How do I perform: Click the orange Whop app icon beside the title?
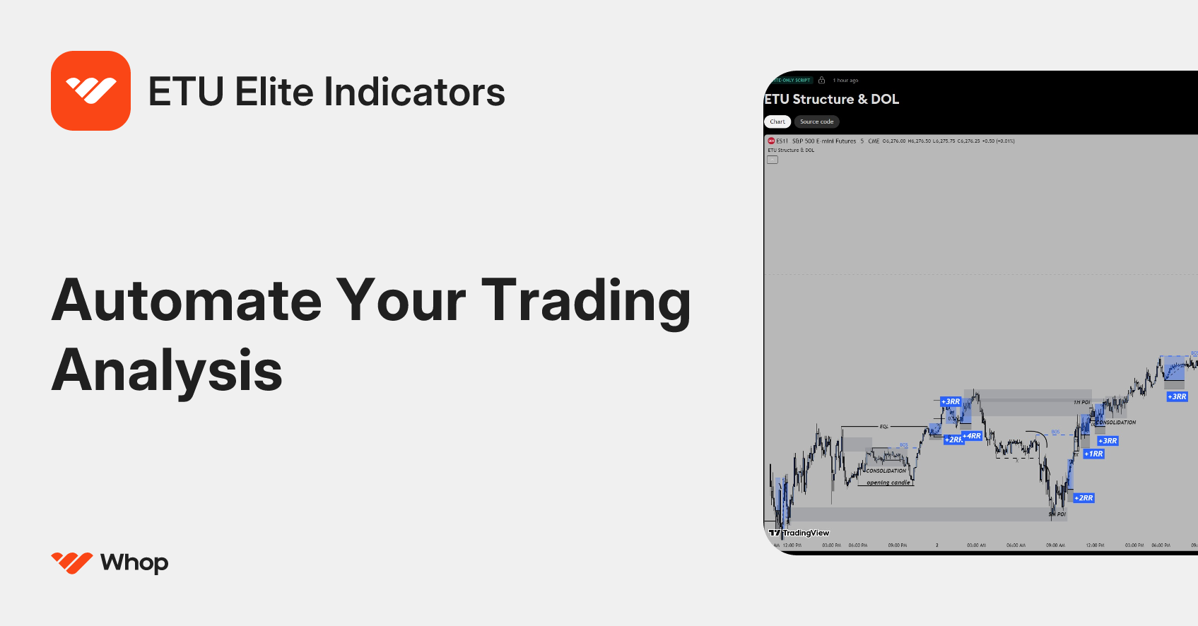coord(90,90)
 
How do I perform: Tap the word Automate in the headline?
coord(187,301)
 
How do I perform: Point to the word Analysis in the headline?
coord(167,370)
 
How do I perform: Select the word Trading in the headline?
coord(585,301)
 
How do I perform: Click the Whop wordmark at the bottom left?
coord(134,562)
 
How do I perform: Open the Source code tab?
coord(816,122)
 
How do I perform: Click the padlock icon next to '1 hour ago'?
coord(821,81)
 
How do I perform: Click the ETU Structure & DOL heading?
coord(832,100)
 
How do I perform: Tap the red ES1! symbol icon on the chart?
coord(771,141)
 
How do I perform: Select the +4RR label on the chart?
coord(972,436)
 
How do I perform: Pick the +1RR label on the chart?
coord(1093,454)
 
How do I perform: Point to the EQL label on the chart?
coord(883,427)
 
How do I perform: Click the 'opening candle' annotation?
coord(888,483)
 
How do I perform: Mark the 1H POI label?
coord(1081,402)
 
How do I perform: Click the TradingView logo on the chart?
coord(799,533)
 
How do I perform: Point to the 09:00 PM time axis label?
coord(898,545)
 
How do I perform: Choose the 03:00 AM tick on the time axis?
coord(976,545)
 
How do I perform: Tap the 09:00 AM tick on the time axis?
coord(1055,545)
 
